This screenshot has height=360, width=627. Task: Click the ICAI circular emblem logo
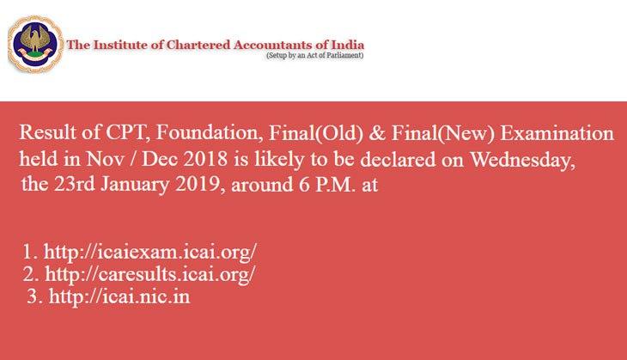[35, 44]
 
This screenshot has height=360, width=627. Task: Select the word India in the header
[348, 45]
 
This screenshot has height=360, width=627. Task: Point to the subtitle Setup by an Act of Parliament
[314, 56]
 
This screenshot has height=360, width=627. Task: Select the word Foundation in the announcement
[209, 133]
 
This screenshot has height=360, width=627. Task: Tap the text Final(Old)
[316, 133]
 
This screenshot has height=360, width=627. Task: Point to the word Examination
[557, 133]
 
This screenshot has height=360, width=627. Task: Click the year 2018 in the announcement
[205, 159]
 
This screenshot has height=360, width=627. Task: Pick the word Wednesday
[522, 160]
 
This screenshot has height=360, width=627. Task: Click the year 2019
[198, 185]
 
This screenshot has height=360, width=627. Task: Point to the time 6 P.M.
[326, 185]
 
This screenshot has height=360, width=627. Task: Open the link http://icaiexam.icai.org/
[150, 252]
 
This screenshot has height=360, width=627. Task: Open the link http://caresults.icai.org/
[150, 274]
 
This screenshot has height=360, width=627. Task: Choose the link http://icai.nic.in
[119, 296]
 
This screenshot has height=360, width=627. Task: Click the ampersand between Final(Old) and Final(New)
[377, 133]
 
